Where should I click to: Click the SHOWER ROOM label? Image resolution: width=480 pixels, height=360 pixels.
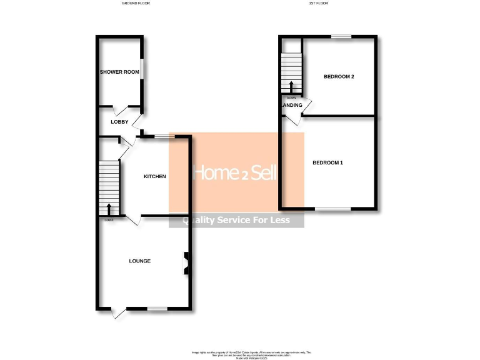[x=119, y=72]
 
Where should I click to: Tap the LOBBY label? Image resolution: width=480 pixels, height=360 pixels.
[x=119, y=122]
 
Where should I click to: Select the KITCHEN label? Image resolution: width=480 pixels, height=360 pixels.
[x=155, y=176]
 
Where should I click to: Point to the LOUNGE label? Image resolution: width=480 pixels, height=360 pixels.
[x=140, y=261]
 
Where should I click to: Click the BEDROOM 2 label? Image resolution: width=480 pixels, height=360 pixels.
[x=339, y=77]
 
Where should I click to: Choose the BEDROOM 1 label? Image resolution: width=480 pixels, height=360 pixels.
[x=328, y=163]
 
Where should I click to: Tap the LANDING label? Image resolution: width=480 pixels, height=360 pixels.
[x=292, y=106]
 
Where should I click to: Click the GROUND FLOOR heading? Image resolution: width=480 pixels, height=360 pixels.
[x=136, y=4]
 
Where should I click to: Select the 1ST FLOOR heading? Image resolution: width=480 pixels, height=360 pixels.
[x=318, y=4]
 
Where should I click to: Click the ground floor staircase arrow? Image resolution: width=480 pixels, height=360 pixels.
[x=109, y=209]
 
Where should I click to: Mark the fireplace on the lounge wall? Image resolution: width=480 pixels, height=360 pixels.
[x=186, y=263]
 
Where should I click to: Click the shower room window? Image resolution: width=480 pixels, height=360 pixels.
[x=142, y=69]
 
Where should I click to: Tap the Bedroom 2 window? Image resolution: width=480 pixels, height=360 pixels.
[x=341, y=37]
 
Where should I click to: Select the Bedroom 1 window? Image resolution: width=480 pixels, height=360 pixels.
[x=332, y=208]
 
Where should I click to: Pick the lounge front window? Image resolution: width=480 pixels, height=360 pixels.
[x=157, y=308]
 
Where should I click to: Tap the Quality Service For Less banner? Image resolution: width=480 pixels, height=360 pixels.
[x=236, y=220]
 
